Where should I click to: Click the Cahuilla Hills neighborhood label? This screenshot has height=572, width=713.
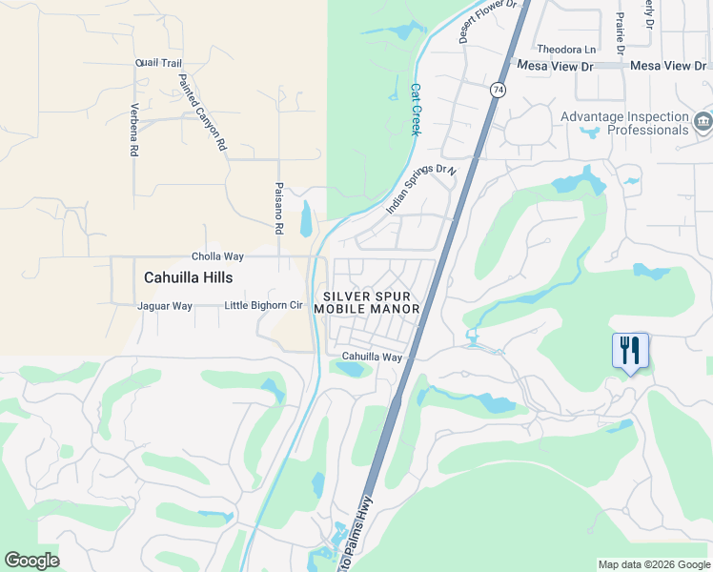(x=187, y=277)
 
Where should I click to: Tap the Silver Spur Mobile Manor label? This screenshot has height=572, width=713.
(x=367, y=303)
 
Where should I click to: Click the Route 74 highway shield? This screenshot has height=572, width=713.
(x=498, y=90)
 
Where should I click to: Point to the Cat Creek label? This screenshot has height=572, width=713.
(x=416, y=109)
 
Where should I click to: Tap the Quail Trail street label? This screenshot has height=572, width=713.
(x=158, y=63)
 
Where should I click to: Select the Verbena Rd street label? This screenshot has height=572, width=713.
(x=134, y=130)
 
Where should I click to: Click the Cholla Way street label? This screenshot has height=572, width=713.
(x=217, y=256)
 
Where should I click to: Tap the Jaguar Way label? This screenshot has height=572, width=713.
(x=165, y=306)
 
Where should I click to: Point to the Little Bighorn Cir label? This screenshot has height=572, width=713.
(x=263, y=306)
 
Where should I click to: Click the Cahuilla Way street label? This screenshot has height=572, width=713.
(x=373, y=357)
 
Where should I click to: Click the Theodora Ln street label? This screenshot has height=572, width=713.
(x=566, y=49)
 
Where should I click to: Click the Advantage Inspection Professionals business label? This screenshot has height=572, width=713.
(x=624, y=123)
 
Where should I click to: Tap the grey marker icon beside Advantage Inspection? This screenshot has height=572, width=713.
(x=703, y=122)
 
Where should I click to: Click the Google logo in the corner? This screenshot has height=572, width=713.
(x=32, y=561)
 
